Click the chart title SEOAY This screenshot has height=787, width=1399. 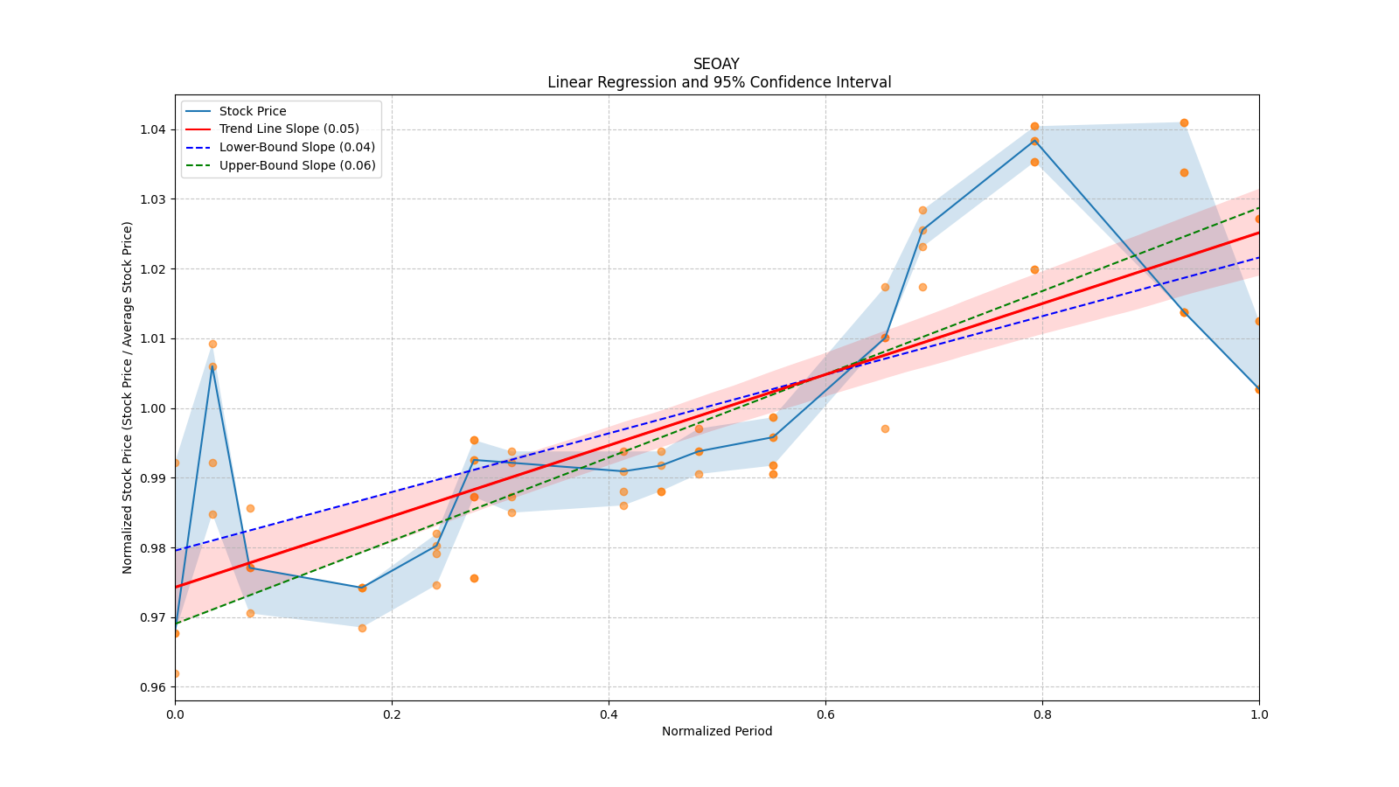[716, 64]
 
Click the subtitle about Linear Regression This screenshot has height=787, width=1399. [719, 82]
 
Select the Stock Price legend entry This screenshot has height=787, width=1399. [253, 111]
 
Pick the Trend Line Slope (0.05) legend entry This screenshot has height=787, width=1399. [289, 129]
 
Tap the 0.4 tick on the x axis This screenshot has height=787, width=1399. [609, 714]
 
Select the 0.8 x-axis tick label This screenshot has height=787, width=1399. [1042, 714]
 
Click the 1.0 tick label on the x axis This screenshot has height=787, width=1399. [1259, 714]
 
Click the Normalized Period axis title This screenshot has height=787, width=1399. [717, 731]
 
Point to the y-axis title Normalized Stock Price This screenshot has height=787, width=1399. [128, 397]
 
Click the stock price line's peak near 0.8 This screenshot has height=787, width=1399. [1034, 140]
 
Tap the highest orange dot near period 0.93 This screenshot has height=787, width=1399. [1184, 122]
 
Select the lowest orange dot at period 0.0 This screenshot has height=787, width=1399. [175, 673]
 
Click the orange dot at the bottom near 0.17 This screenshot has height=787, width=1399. [362, 628]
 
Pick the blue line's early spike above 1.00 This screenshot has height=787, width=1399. [212, 367]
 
